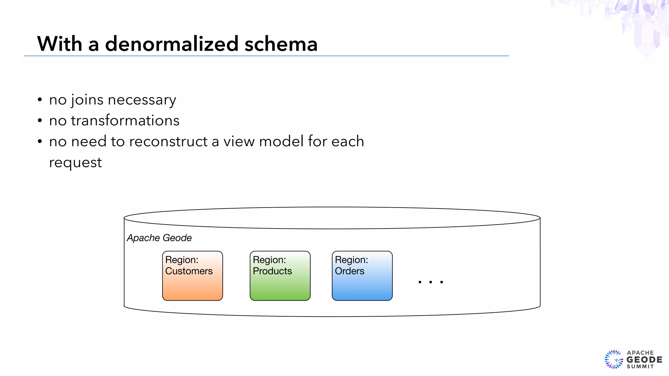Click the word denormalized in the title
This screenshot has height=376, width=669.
pos(171,44)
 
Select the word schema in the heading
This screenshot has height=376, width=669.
pos(281,44)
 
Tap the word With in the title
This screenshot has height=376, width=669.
pos(59,44)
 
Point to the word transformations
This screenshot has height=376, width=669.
pos(125,121)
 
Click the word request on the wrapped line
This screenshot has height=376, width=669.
pos(75,163)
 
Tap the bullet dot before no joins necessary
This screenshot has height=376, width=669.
pos(40,100)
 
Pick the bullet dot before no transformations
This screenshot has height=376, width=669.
pos(40,121)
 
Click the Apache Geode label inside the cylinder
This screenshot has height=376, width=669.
pos(159,238)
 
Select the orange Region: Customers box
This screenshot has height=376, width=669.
pos(192,284)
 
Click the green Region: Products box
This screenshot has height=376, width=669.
pos(280,284)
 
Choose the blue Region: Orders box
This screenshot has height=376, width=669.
pos(362,284)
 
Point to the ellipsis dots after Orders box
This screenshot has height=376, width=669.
pos(431,282)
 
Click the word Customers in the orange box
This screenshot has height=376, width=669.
pos(189,271)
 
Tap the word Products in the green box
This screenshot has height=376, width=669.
pos(272,271)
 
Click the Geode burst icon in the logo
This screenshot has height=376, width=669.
pos(614,359)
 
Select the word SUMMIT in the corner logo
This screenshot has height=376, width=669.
pos(640,367)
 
